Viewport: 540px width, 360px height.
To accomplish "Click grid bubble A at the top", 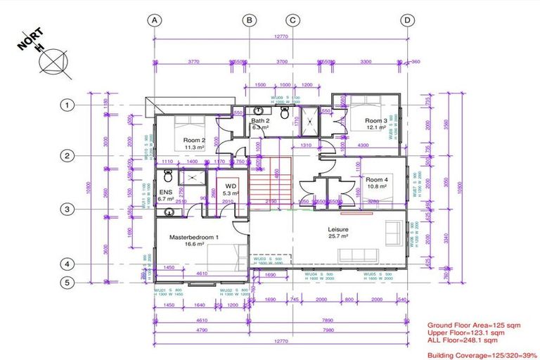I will [154, 20].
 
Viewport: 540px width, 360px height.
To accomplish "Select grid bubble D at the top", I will [407, 20].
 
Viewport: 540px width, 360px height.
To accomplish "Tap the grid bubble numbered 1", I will [66, 105].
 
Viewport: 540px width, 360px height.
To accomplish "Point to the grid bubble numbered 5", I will [66, 283].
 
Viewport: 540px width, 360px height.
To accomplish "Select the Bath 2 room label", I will [261, 121].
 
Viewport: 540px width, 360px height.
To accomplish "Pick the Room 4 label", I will [376, 179].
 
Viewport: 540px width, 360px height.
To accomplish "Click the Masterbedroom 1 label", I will [194, 238].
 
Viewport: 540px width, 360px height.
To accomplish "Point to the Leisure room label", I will [337, 229].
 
